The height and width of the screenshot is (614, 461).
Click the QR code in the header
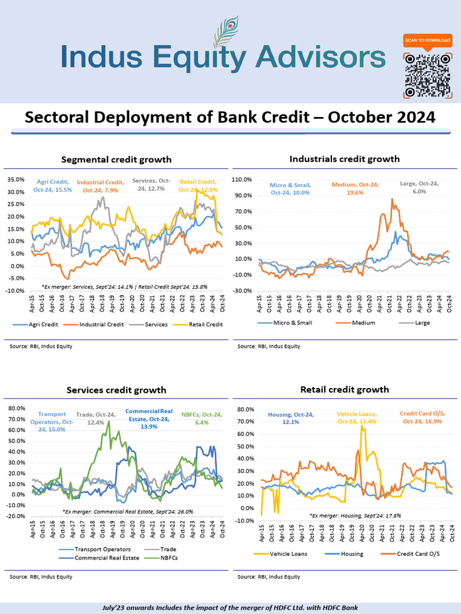click(x=427, y=75)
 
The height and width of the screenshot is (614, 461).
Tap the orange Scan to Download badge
click(x=427, y=40)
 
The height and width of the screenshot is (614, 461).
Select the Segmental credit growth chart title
click(x=116, y=159)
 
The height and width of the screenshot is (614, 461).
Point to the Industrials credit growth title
click(x=345, y=159)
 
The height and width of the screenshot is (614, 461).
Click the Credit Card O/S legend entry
click(x=415, y=553)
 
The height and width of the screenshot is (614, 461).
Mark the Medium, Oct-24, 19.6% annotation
click(x=355, y=188)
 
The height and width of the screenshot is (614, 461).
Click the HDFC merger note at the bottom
click(x=230, y=607)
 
